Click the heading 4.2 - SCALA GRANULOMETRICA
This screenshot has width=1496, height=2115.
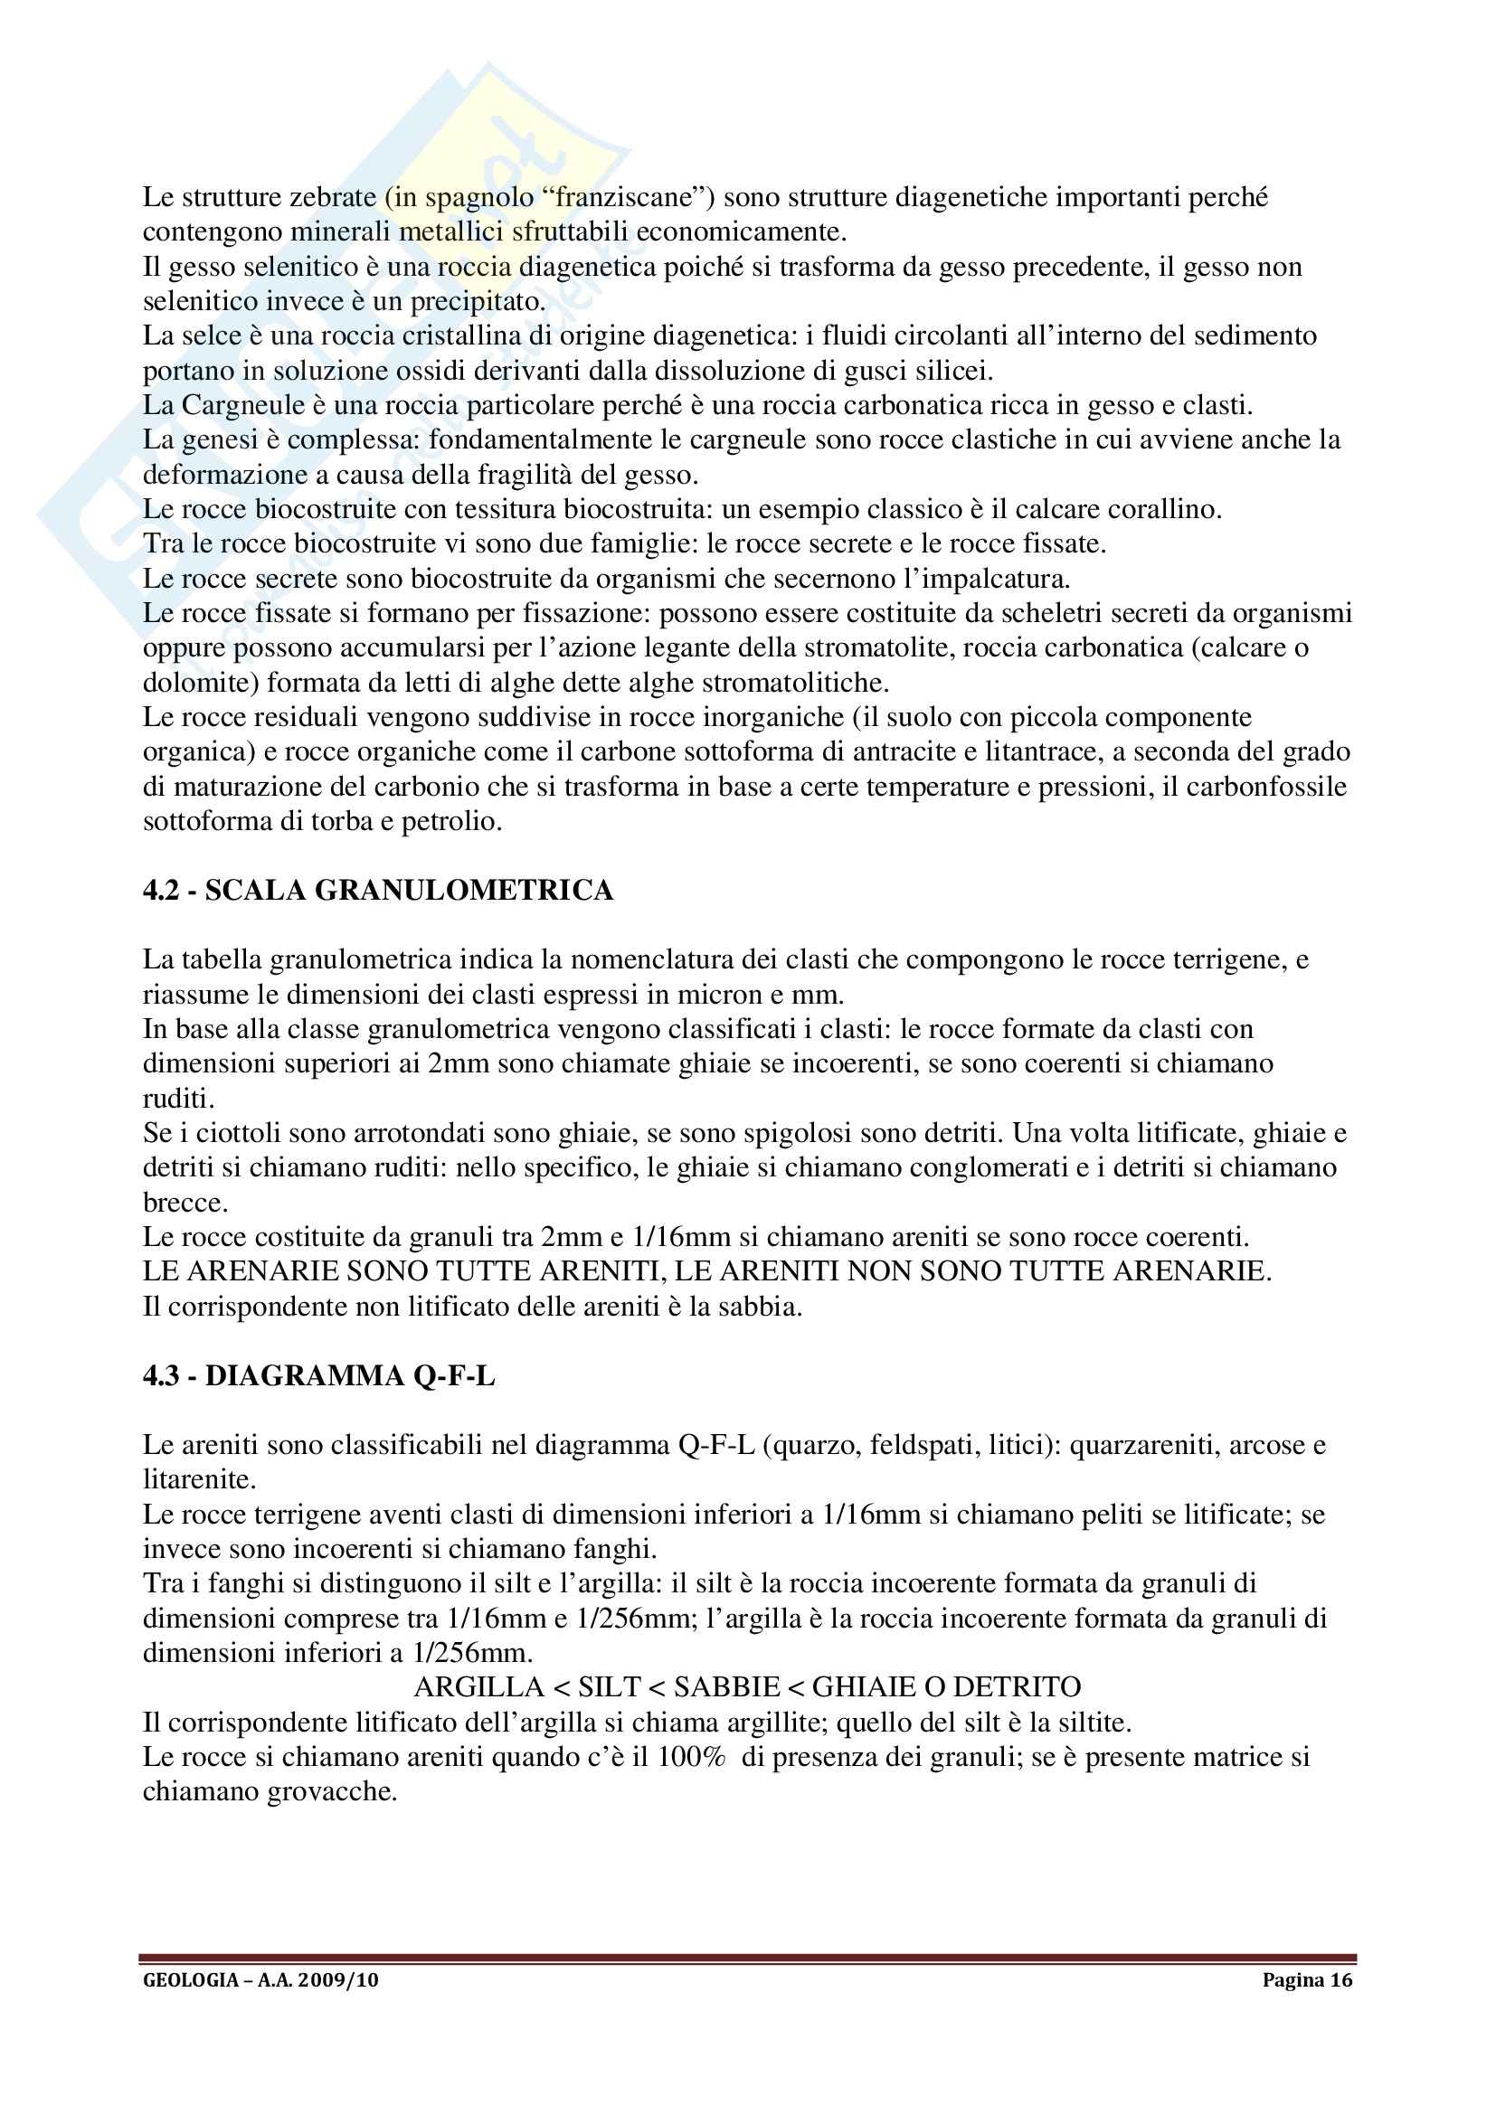pyautogui.click(x=378, y=891)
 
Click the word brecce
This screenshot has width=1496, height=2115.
pyautogui.click(x=184, y=1203)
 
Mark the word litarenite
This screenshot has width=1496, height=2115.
pyautogui.click(x=198, y=1480)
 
